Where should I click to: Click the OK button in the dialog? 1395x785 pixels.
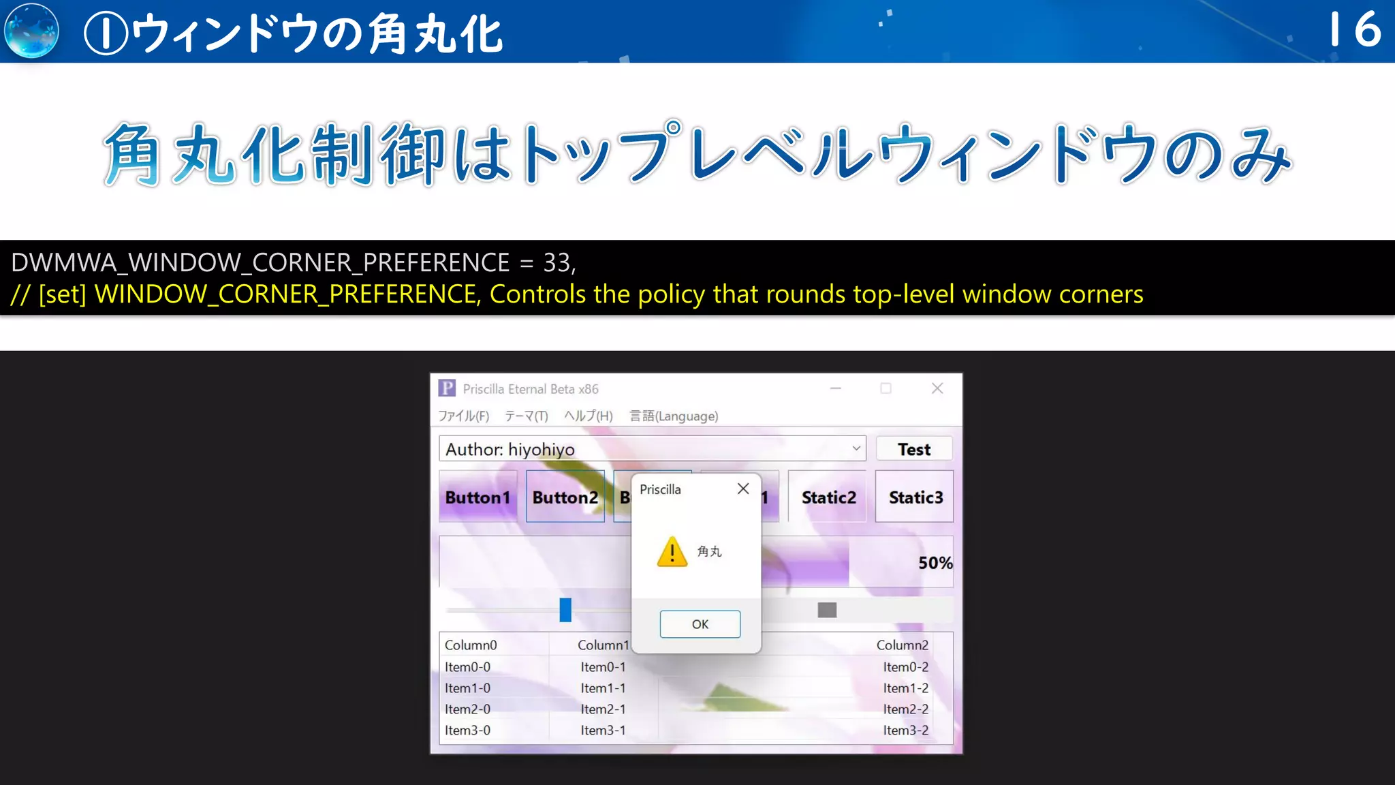tap(700, 624)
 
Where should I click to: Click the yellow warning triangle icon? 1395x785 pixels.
tap(672, 552)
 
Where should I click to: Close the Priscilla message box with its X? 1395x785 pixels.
tap(743, 489)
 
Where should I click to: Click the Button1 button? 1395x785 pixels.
tap(477, 497)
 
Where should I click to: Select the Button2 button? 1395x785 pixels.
tap(565, 497)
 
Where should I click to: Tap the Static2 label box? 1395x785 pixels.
tap(828, 497)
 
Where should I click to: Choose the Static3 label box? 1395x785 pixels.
tap(915, 497)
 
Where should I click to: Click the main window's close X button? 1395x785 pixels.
tap(937, 388)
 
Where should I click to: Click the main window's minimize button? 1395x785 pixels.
tap(836, 388)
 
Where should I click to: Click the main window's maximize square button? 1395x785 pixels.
tap(885, 388)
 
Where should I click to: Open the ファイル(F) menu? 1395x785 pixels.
tap(463, 416)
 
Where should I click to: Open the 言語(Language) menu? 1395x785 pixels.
tap(674, 416)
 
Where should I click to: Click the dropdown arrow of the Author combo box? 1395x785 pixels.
tap(856, 448)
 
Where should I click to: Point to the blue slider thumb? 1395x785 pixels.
tap(565, 610)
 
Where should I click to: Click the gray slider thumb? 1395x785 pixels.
tap(827, 610)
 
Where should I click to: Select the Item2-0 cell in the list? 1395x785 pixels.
tap(467, 709)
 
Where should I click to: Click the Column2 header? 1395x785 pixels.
tap(902, 645)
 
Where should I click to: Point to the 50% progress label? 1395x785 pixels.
tap(935, 563)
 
